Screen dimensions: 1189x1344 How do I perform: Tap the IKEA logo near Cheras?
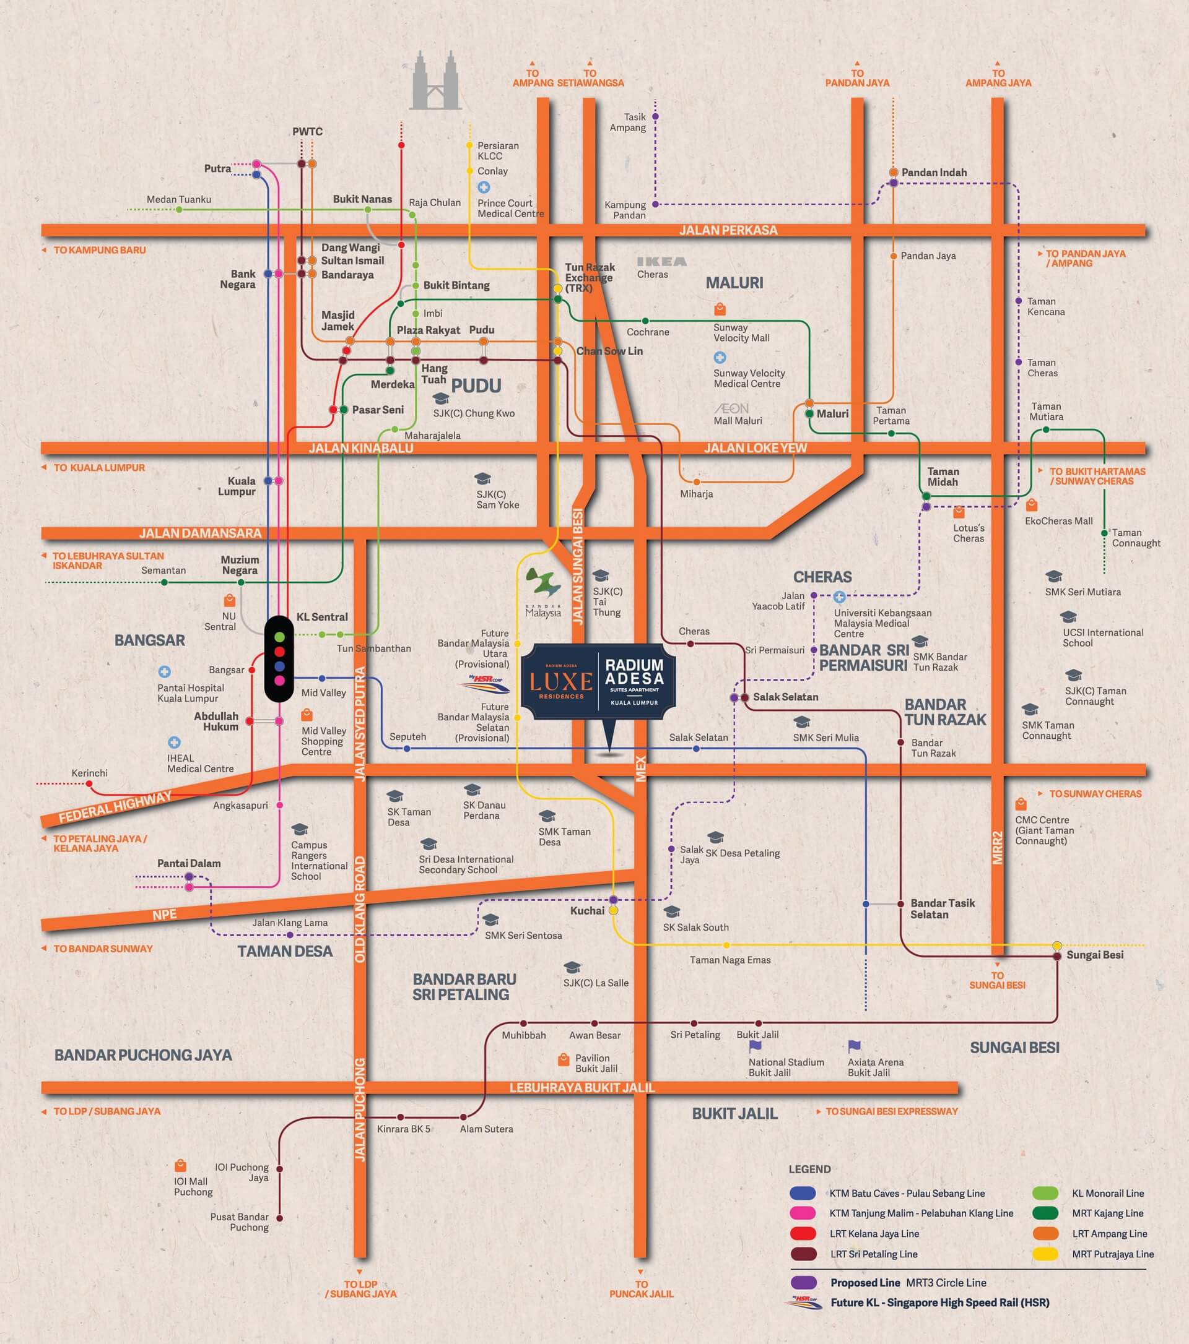tap(661, 262)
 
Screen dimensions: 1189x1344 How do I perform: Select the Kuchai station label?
tap(587, 911)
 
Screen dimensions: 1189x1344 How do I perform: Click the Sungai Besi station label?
tap(1095, 955)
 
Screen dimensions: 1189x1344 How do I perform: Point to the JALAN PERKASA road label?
tap(728, 230)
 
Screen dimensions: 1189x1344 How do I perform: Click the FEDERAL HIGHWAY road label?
tap(115, 807)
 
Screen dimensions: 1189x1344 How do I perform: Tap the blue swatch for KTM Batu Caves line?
tap(803, 1194)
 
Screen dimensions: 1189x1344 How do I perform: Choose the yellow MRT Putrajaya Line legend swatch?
tap(1045, 1254)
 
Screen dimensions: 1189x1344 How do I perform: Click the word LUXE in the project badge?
tap(560, 682)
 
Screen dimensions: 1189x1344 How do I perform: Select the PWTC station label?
tap(307, 132)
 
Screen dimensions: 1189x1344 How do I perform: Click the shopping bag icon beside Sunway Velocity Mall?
tap(720, 309)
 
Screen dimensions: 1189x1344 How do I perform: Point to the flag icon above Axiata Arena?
tap(854, 1046)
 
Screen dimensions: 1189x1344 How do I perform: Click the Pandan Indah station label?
tap(934, 172)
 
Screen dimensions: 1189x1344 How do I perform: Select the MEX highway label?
tap(641, 769)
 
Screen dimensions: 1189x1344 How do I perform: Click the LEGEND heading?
tap(809, 1169)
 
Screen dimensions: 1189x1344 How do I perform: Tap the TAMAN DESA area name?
tap(285, 951)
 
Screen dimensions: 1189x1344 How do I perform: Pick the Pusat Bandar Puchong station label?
tap(240, 1221)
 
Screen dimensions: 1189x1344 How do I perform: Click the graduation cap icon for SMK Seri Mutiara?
tap(1053, 576)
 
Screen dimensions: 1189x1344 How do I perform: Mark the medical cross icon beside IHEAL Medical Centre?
tap(174, 743)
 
